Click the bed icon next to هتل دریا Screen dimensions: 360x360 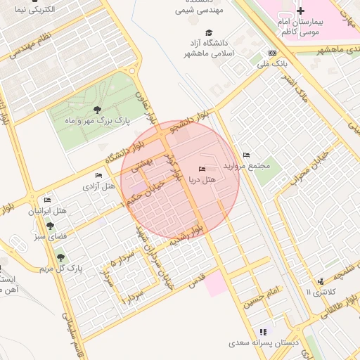click(202, 169)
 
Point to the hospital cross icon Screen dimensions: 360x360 click(301, 11)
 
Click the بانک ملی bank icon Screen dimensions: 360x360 click(272, 53)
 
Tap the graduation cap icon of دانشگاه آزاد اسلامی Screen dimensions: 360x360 click(208, 32)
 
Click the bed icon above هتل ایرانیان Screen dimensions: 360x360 click(47, 200)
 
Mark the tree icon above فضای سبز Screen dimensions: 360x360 click(49, 226)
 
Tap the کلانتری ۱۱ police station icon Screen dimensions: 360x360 click(321, 281)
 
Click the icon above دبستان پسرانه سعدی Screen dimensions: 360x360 click(263, 332)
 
